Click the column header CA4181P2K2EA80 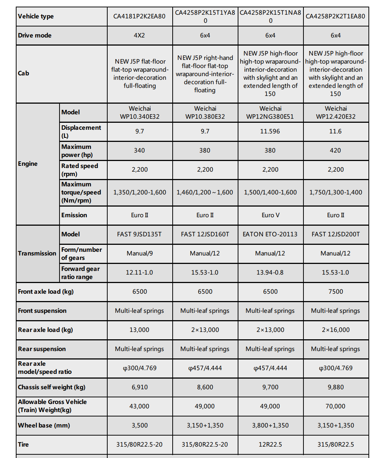(140, 17)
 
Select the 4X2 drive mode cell (140, 36)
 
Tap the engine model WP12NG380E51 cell (270, 112)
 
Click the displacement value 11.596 (270, 132)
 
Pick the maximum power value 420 (335, 151)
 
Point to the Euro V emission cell (270, 215)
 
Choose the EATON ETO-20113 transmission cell (270, 235)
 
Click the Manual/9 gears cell (140, 254)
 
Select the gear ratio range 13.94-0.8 (270, 273)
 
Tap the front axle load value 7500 (335, 292)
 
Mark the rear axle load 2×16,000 (335, 330)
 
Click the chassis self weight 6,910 (140, 387)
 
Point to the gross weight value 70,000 (335, 407)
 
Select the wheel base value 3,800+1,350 (270, 426)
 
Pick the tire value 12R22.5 (270, 445)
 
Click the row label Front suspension (42, 311)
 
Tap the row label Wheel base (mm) (44, 426)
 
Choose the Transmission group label (37, 254)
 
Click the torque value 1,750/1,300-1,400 (335, 193)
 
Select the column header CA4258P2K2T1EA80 (335, 17)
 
